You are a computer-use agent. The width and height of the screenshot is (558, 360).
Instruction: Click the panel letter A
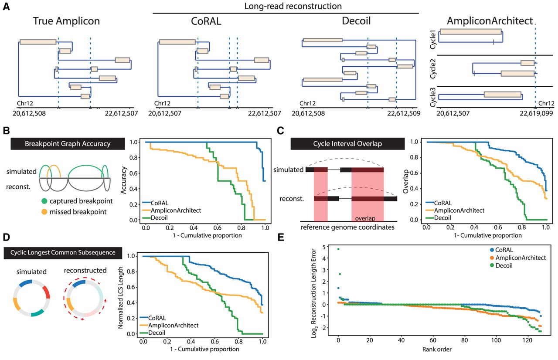[6, 7]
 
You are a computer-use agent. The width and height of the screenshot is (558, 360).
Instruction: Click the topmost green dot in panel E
[338, 249]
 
